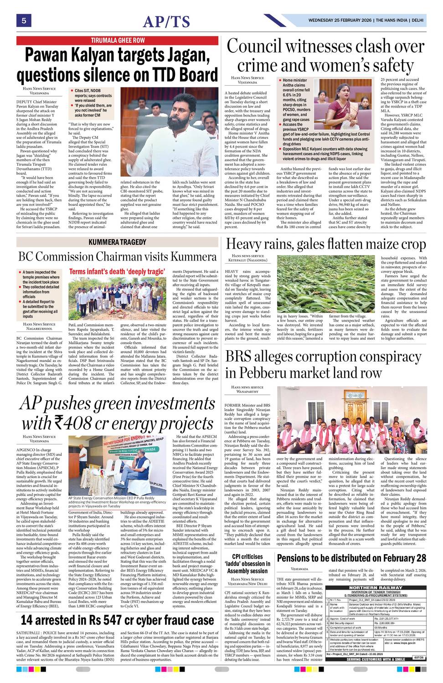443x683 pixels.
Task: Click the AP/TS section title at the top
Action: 166,21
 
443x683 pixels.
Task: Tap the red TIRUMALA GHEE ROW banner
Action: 118,41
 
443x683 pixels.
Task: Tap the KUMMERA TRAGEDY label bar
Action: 118,242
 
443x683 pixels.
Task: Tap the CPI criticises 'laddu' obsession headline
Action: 247,564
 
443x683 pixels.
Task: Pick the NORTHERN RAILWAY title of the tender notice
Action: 376,588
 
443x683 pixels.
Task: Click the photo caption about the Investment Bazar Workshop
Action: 117,502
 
